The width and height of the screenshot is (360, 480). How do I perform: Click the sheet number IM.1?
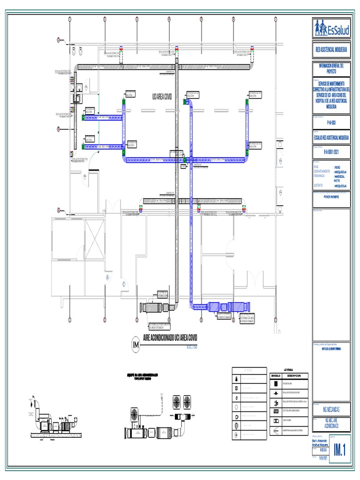(x=340, y=450)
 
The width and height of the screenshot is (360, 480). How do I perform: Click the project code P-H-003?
(x=332, y=122)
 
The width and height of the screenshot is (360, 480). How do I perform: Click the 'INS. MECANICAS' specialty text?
(x=331, y=410)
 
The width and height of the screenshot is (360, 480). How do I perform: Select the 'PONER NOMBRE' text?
(x=331, y=196)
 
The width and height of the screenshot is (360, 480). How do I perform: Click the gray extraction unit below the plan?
(x=157, y=307)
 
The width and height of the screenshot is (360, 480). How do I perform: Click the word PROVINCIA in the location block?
(x=321, y=176)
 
